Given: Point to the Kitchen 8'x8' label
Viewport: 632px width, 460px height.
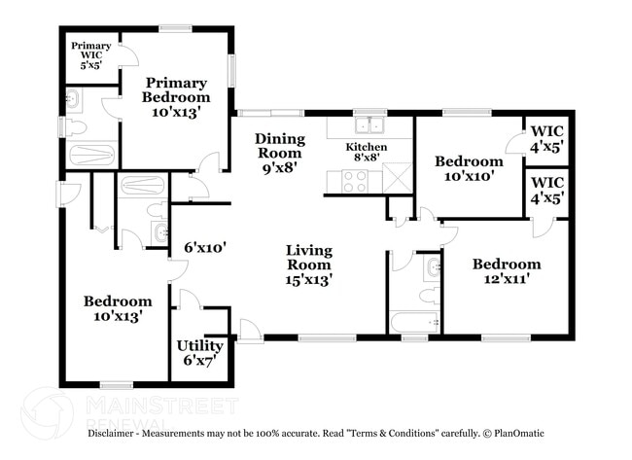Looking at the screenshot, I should coord(367,152).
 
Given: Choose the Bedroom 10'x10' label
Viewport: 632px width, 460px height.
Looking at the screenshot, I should coord(469,168).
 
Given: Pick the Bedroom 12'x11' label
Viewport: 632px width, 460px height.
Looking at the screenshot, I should coord(507,271).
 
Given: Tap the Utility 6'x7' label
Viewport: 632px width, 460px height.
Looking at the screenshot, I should coord(199,353).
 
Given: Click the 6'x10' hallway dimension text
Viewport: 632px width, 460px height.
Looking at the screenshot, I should coord(205,247).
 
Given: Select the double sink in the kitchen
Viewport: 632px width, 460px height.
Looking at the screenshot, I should coord(369,125).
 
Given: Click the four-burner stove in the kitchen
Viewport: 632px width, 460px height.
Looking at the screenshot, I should coord(354,181).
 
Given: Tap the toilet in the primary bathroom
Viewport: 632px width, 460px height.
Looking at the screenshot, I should coord(77,126).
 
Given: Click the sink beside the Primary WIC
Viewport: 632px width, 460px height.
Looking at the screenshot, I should coord(73,98).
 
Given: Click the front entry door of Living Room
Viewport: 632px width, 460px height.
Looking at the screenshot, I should coord(249,331).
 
